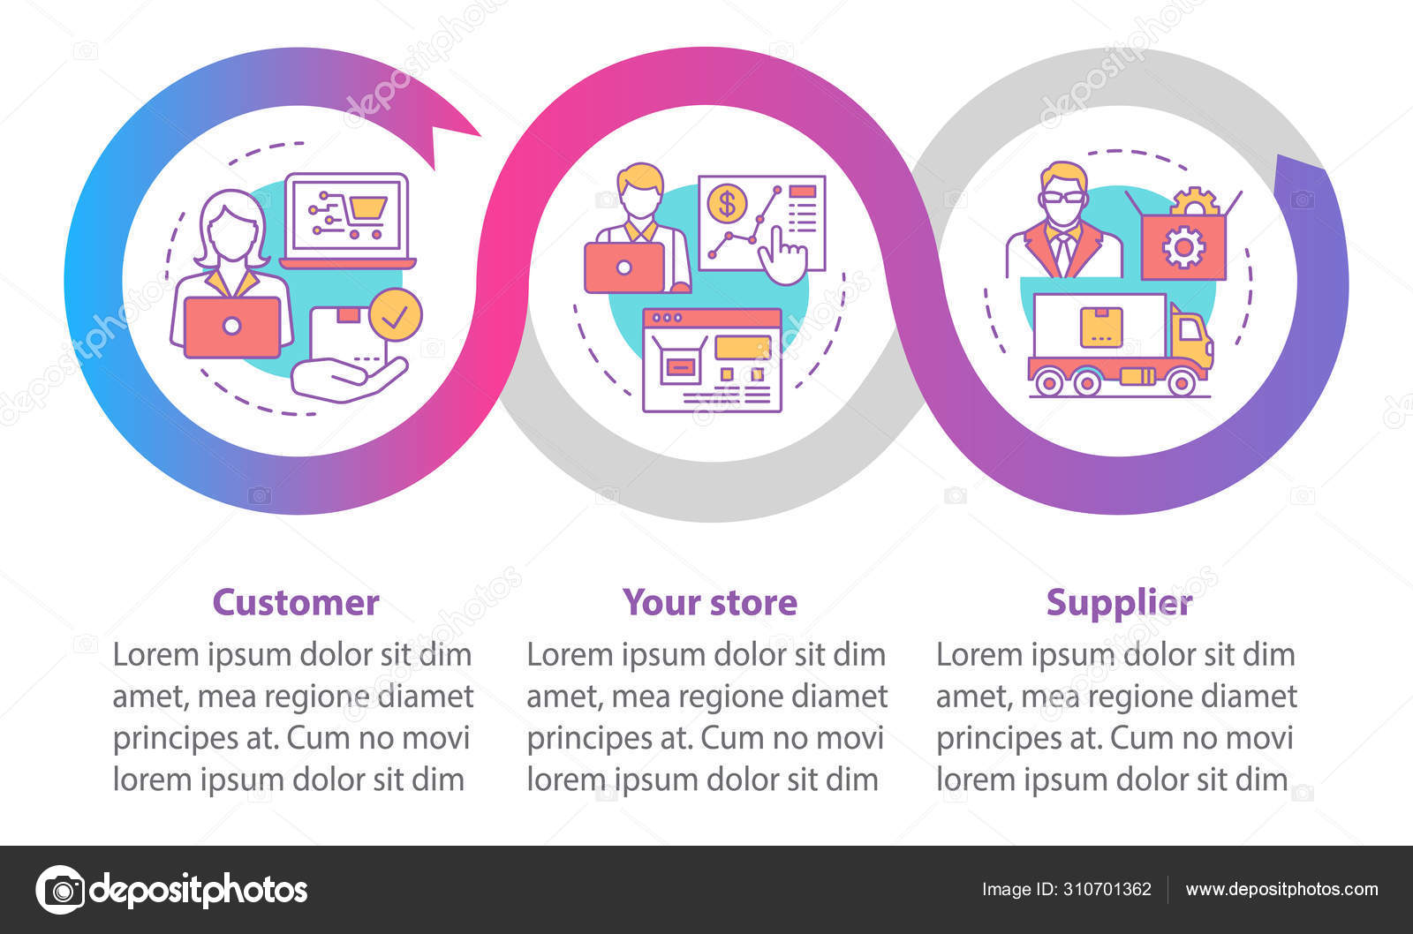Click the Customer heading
[x=295, y=603]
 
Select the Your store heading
[x=710, y=603]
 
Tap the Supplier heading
[x=1119, y=603]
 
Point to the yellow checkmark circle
[x=395, y=315]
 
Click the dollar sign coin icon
[x=727, y=203]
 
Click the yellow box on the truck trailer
[x=1100, y=327]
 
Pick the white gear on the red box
[x=1183, y=248]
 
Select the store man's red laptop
[x=623, y=267]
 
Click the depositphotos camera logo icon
[x=61, y=889]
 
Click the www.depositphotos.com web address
[x=1281, y=889]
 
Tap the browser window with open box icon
[x=712, y=360]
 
